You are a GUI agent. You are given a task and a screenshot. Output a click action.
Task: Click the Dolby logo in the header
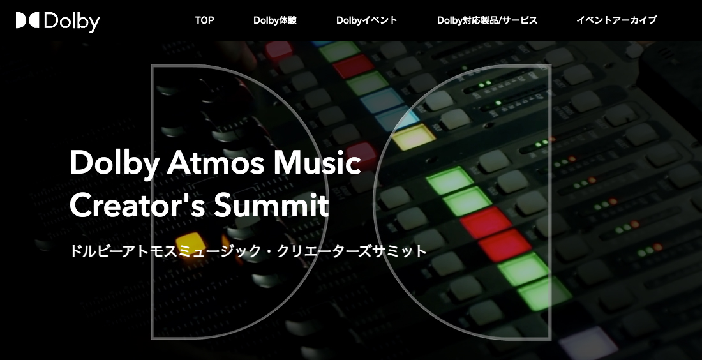point(57,21)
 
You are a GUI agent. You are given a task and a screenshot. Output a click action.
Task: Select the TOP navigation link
point(204,20)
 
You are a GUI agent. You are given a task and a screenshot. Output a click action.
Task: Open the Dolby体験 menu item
point(275,20)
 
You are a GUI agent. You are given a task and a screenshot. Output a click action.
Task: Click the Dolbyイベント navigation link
point(367,20)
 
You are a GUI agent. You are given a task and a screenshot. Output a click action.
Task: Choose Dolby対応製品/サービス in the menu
point(487,20)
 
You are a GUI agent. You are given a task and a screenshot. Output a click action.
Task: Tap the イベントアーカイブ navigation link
point(616,20)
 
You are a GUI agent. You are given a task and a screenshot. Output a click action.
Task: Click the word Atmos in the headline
point(216,163)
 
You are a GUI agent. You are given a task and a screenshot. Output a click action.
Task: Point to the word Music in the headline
point(317,163)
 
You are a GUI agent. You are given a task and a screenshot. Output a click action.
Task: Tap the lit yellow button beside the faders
point(190,243)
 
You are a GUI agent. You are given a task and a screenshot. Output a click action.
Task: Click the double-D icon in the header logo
point(27,20)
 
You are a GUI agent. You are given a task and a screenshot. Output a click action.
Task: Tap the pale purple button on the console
point(588,343)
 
